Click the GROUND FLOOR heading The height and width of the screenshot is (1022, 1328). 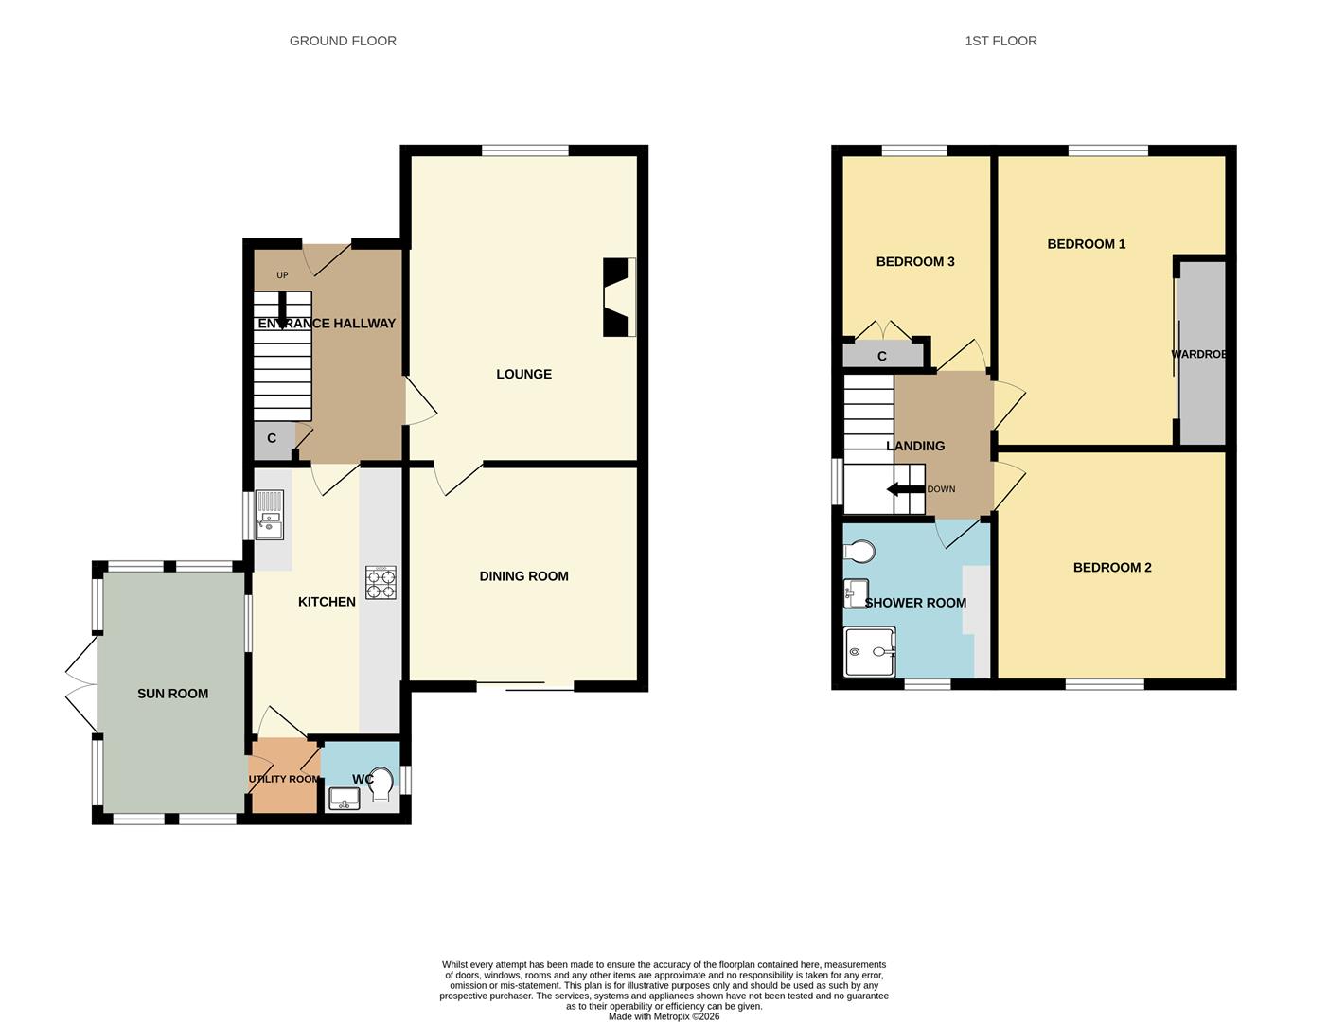[x=343, y=41]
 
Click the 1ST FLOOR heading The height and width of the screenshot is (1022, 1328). [x=1000, y=41]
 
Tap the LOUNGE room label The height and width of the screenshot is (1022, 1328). [x=523, y=374]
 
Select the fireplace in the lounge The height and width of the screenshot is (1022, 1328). [x=619, y=297]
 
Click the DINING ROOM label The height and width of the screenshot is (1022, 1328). [x=523, y=575]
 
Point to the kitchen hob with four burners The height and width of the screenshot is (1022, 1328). [x=381, y=582]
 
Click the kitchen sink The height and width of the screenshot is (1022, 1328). [x=269, y=515]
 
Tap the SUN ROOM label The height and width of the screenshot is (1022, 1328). [x=172, y=694]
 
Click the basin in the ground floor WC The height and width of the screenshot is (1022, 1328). [x=344, y=799]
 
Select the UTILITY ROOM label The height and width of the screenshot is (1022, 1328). [x=284, y=779]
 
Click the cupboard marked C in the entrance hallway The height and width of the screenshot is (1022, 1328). [x=273, y=439]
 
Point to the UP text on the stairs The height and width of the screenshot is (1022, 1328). [x=282, y=275]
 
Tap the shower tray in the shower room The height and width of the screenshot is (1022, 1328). [x=869, y=652]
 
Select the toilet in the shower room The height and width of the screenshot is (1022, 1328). [x=859, y=551]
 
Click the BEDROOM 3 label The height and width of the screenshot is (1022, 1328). [x=914, y=261]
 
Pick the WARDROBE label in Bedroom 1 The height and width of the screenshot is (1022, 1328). [x=1199, y=354]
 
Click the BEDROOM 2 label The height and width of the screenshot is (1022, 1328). [x=1111, y=567]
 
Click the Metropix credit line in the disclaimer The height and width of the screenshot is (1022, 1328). [x=664, y=1016]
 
